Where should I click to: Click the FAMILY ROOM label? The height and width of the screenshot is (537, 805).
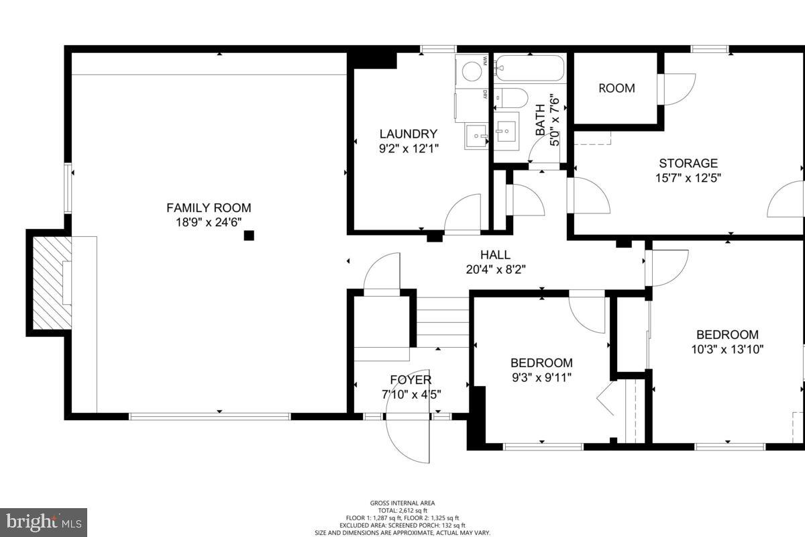pos(209,208)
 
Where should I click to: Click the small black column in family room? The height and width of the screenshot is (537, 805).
pos(249,236)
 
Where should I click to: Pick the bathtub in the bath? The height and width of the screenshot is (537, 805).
pos(530,68)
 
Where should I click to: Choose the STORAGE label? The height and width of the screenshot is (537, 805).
pos(688,163)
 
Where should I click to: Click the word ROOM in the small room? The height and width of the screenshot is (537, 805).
pos(616,89)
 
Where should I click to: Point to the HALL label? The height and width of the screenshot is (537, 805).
pos(495,255)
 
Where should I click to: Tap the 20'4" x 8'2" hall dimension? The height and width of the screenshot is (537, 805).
pos(495,270)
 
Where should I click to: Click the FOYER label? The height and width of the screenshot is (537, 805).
pos(411,381)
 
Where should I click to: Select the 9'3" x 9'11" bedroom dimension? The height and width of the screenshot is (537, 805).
pos(541,377)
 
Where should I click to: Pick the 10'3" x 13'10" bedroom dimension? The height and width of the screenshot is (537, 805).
pos(727,349)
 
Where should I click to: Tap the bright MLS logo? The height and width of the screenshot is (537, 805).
pos(44,521)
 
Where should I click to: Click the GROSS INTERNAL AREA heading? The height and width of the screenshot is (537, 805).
pos(402,503)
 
